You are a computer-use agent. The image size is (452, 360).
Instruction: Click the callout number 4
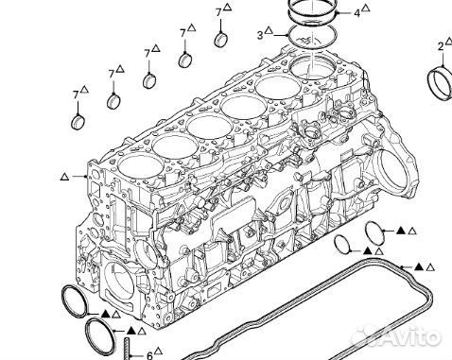[x=356, y=13]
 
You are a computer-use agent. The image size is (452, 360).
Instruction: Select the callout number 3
[x=260, y=35]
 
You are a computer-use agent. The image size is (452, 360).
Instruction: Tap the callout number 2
[x=441, y=46]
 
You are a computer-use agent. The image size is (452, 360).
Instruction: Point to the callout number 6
[x=149, y=354]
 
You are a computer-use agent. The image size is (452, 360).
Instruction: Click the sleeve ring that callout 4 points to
[x=313, y=12]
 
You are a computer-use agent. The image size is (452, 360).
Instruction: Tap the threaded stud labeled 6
[x=127, y=349]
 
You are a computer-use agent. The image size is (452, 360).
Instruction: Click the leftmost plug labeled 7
[x=78, y=122]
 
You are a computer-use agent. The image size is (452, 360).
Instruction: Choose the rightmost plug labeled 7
[x=221, y=40]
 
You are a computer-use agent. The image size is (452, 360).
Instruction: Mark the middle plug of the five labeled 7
[x=149, y=80]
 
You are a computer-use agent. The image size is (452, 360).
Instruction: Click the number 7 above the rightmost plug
[x=219, y=12]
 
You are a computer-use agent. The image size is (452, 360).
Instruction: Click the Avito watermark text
[x=409, y=337]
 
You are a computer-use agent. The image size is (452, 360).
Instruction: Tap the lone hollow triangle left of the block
[x=64, y=177]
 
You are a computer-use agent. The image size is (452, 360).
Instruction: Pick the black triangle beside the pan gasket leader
[x=418, y=267]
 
